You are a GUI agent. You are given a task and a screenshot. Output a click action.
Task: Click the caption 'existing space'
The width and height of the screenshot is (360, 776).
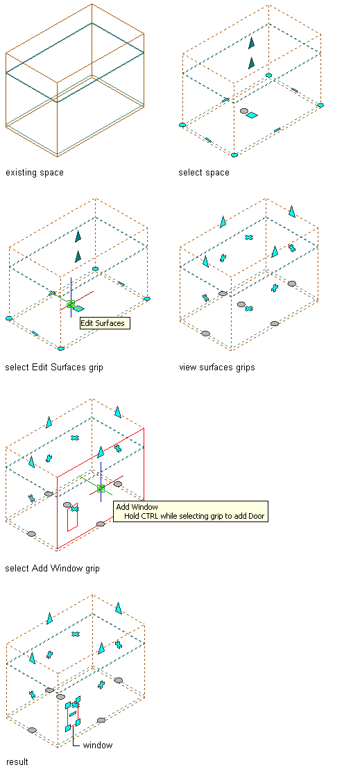click(x=35, y=173)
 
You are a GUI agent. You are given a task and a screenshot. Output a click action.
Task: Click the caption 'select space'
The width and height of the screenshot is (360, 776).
click(x=204, y=173)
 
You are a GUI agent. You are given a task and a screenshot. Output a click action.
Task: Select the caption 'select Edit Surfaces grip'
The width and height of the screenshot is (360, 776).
click(x=54, y=368)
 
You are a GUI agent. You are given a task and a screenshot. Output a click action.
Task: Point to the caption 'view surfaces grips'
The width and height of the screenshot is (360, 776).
click(x=217, y=368)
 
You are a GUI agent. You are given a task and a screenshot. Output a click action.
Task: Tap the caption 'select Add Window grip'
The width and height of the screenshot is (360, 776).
click(x=53, y=569)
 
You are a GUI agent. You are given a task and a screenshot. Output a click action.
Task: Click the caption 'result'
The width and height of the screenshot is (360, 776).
click(x=17, y=761)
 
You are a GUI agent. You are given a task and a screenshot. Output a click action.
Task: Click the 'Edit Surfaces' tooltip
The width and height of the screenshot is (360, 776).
click(x=105, y=324)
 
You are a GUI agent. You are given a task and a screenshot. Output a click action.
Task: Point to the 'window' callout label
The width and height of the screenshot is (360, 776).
click(x=98, y=745)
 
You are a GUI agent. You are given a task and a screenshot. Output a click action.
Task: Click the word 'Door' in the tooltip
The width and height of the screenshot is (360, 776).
click(x=255, y=517)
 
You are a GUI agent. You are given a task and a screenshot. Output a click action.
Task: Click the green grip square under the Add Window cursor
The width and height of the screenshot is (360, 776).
click(x=101, y=488)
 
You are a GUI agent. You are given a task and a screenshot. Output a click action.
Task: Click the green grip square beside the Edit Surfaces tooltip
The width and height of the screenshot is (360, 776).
click(x=71, y=304)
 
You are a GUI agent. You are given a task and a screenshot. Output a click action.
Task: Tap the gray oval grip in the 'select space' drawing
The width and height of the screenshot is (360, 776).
click(x=243, y=112)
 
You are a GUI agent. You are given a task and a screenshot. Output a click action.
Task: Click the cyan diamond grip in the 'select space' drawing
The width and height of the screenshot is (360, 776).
click(x=252, y=115)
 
